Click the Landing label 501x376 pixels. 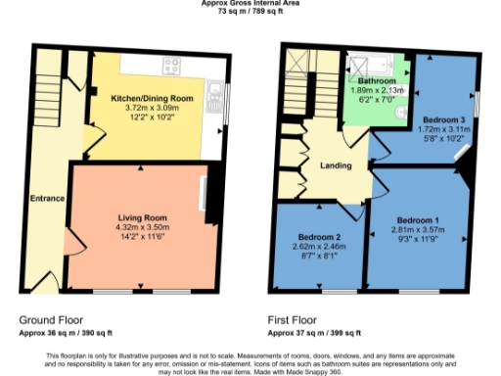tap(336, 165)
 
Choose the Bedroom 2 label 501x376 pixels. tap(319, 238)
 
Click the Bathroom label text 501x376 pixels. tap(376, 81)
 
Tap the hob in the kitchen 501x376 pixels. tap(172, 68)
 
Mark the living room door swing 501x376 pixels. tap(70, 240)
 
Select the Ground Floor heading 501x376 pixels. tap(51, 320)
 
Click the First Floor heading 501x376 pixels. tap(293, 320)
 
